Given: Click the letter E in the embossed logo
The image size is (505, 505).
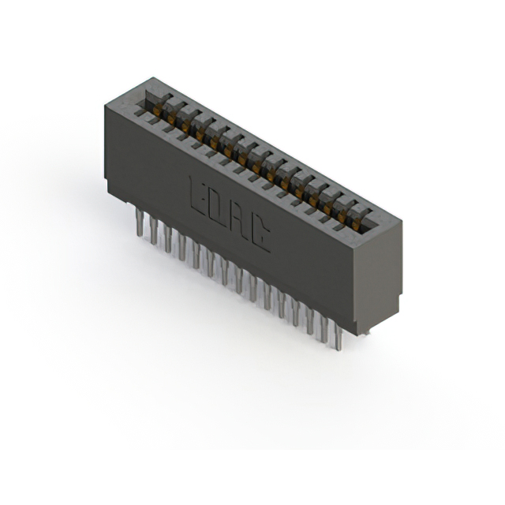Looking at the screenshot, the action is coord(198,197).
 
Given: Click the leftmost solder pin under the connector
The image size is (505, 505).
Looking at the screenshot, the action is coord(139,222).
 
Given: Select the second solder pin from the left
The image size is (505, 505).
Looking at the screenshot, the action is coord(153,230).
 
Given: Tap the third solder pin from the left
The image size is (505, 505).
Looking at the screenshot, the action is coord(167,238).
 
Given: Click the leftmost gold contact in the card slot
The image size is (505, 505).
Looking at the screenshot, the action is coord(157,110).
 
